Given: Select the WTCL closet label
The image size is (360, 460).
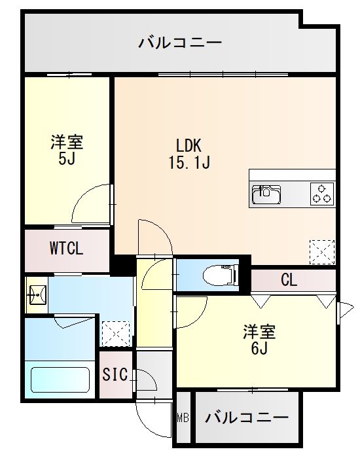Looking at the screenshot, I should pyautogui.click(x=67, y=249).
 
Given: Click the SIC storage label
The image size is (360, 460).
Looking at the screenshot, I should pyautogui.click(x=115, y=375).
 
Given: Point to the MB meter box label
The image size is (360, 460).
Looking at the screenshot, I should pyautogui.click(x=183, y=417).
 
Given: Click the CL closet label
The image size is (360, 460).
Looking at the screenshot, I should pyautogui.click(x=289, y=281).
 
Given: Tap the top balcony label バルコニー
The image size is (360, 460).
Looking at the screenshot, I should pyautogui.click(x=180, y=44).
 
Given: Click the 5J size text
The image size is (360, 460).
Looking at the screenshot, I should pyautogui.click(x=65, y=158).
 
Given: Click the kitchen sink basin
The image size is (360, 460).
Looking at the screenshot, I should pyautogui.click(x=266, y=194).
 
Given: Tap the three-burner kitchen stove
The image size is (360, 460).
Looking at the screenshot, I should pyautogui.click(x=321, y=194).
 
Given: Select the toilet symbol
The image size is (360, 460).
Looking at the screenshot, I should pyautogui.click(x=216, y=275).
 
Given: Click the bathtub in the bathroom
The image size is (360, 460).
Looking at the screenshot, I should pyautogui.click(x=60, y=380).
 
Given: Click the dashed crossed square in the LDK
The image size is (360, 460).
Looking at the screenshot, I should pyautogui.click(x=321, y=251).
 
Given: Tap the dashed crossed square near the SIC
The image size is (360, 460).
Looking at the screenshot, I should pyautogui.click(x=115, y=333).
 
